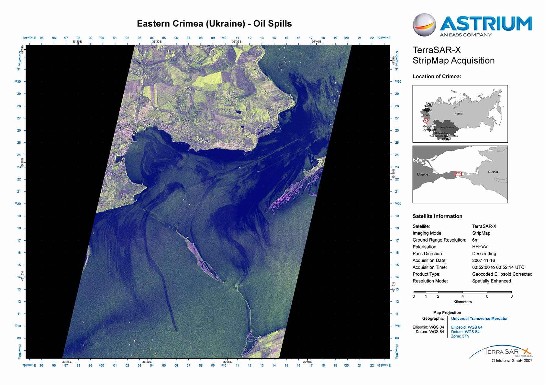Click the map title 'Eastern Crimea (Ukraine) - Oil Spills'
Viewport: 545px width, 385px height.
(214, 24)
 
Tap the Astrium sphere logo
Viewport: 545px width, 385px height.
(424, 25)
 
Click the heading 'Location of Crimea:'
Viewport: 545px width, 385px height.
(437, 77)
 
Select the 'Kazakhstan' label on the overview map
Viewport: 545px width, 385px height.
(447, 127)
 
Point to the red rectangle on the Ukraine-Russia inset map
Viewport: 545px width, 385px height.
(458, 174)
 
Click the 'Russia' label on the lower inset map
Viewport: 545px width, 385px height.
(493, 172)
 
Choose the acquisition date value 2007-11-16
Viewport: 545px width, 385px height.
(484, 260)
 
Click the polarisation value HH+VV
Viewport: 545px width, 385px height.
(480, 247)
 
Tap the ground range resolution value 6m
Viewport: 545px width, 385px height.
(475, 240)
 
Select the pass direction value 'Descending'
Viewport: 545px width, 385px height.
(484, 254)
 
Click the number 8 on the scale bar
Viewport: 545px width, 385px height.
(511, 296)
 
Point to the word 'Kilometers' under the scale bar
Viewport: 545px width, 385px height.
(462, 302)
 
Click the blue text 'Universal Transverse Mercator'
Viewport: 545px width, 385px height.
(479, 319)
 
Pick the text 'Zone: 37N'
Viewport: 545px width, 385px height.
(460, 336)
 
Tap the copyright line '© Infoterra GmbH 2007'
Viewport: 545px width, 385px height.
(512, 360)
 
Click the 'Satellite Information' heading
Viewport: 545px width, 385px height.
(437, 216)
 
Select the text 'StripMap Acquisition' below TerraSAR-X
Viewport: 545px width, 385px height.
(453, 60)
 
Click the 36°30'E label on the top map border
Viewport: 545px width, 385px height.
(157, 42)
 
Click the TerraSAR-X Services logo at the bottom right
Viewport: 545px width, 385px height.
(505, 352)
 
